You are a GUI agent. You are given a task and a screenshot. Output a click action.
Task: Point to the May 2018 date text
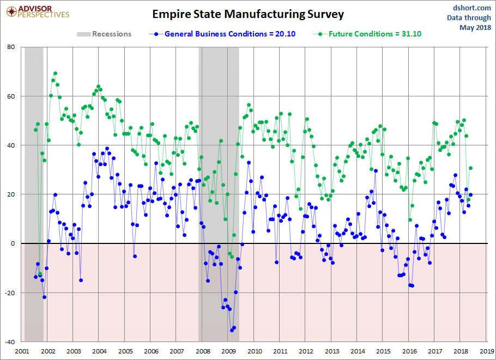(x=475, y=27)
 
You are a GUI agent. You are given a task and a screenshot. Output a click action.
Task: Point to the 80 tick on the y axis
(x=10, y=47)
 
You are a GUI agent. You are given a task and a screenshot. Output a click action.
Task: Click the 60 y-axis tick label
(x=10, y=96)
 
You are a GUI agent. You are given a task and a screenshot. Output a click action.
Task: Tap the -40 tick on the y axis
(x=9, y=342)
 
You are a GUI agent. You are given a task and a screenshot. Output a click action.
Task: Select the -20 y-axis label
(x=9, y=293)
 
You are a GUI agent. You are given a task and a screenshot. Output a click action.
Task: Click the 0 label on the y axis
(x=13, y=243)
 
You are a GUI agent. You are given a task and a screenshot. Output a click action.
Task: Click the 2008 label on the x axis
(x=202, y=351)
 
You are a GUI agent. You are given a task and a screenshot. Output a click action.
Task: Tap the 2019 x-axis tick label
(x=487, y=351)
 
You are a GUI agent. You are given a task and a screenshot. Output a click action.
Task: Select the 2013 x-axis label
(x=331, y=351)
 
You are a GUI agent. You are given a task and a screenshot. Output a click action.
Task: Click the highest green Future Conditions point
(x=55, y=74)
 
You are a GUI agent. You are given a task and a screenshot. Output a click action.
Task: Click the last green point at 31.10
(x=470, y=168)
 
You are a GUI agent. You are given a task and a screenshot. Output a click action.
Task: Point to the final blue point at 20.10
(x=470, y=194)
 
